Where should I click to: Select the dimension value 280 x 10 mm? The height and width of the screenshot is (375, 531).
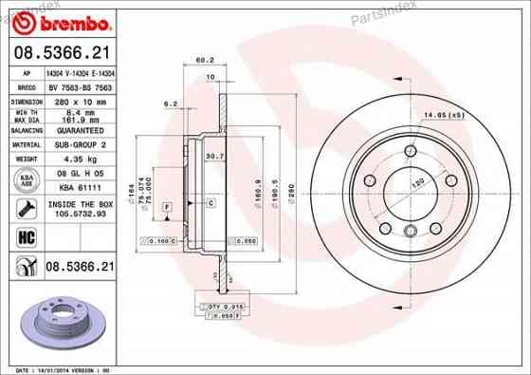79,99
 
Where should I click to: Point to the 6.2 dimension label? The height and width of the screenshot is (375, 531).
172,103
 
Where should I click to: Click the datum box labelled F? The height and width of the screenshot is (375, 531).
167,206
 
